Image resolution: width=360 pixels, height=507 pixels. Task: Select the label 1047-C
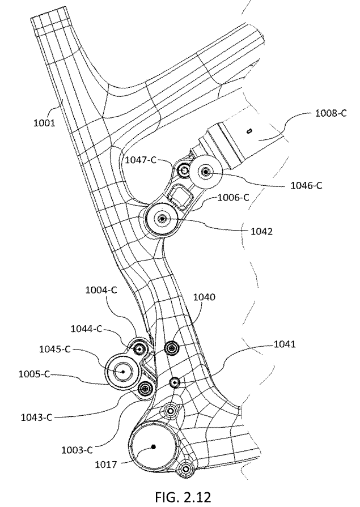tap(141, 161)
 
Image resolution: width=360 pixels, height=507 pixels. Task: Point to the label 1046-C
tap(303, 185)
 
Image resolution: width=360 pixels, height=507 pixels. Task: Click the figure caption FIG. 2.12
tap(180, 497)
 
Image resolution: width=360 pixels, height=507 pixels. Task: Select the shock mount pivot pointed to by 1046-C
tap(205, 172)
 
